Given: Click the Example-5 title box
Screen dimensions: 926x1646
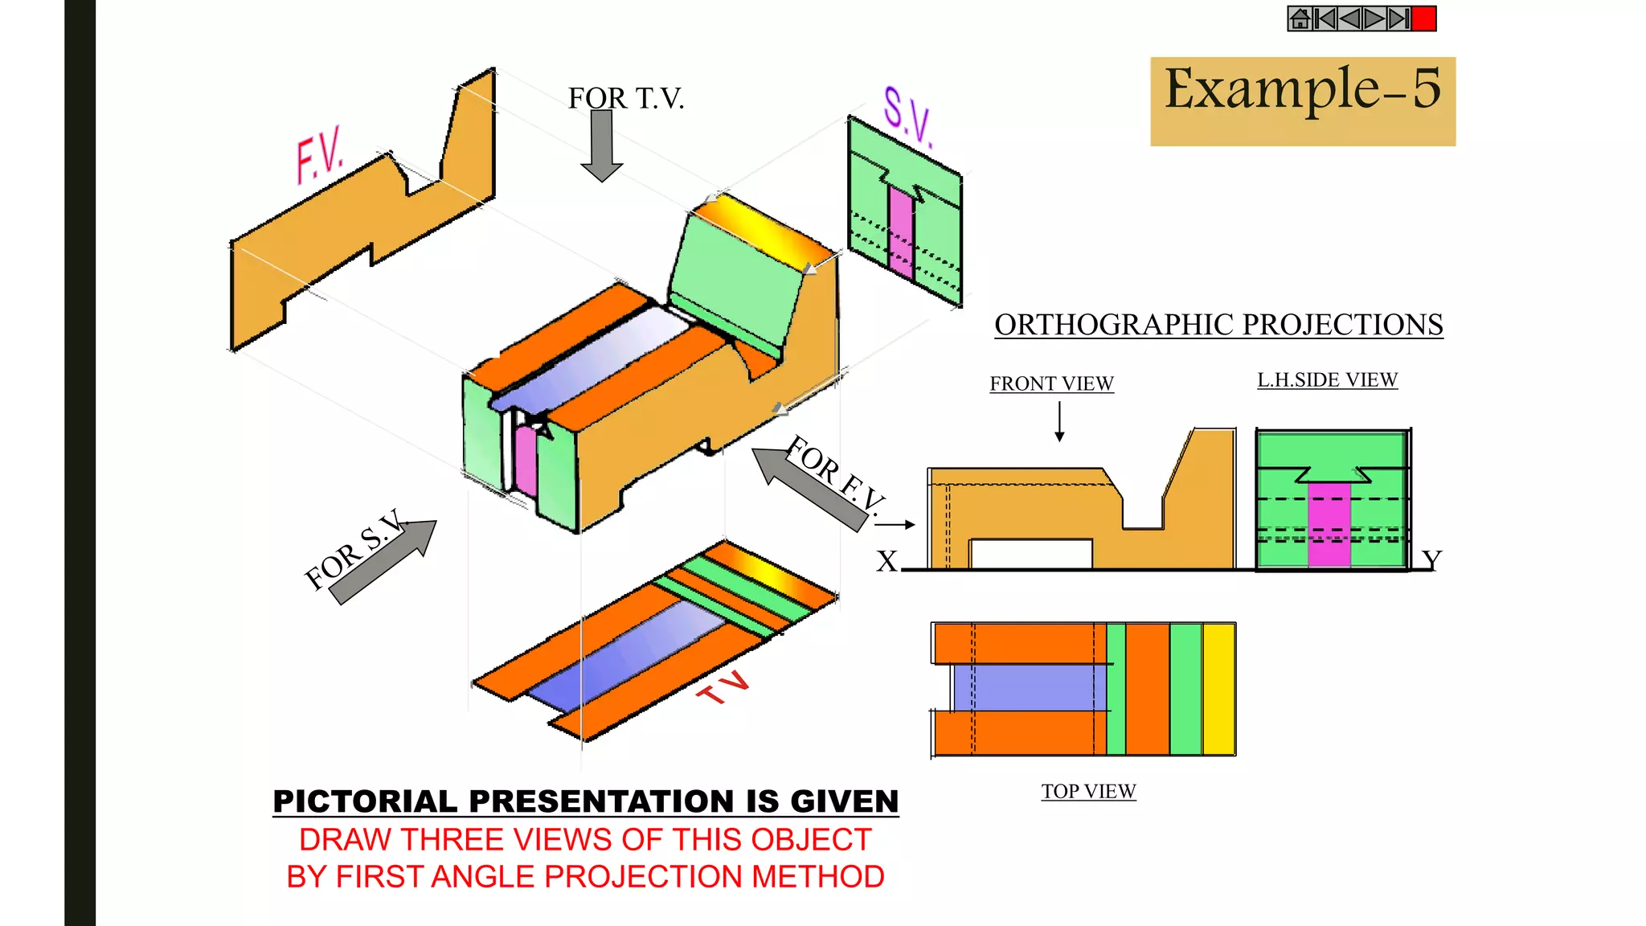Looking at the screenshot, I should [1302, 100].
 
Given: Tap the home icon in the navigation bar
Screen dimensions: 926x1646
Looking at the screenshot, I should [1300, 18].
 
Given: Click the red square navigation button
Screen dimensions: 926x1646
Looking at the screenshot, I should [1423, 18].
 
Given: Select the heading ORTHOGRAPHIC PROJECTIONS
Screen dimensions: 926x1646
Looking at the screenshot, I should [1218, 325].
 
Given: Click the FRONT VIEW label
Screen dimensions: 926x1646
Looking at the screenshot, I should [1051, 384].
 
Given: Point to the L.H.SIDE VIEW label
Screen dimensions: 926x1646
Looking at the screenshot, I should [1327, 380].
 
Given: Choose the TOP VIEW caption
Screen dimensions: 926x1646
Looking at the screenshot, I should [1088, 792].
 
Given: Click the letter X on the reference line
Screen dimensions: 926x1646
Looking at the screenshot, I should [886, 561].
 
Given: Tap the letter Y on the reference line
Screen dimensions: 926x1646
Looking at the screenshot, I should [1431, 559].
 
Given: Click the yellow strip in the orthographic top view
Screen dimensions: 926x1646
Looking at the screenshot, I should [1218, 690].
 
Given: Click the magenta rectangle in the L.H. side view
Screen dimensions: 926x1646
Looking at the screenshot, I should [1329, 527].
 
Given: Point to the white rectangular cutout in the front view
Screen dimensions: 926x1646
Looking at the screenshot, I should [1031, 554].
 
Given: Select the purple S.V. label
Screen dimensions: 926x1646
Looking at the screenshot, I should [908, 117].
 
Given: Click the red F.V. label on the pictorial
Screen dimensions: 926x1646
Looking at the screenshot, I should [319, 154].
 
